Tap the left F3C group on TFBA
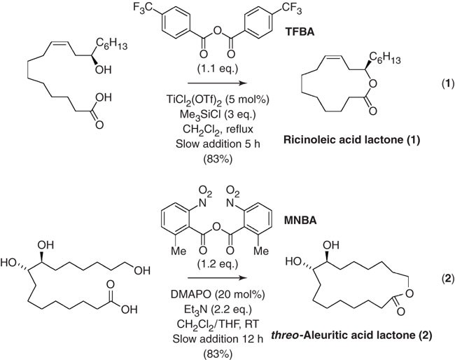point(142,10)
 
